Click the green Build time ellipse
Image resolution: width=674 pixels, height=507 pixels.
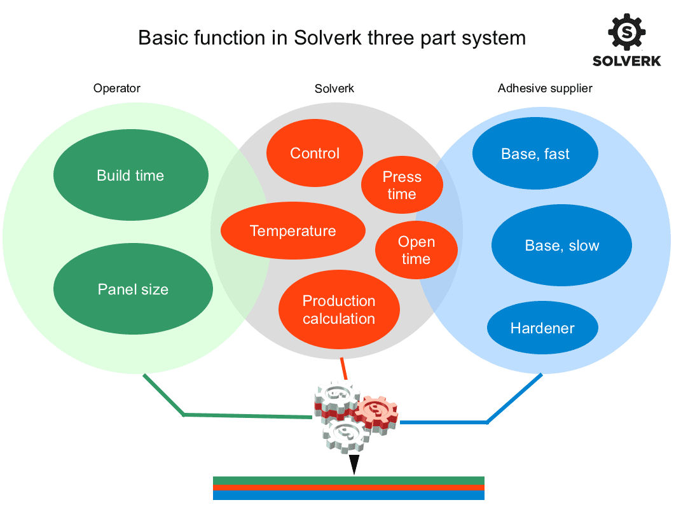click(x=130, y=176)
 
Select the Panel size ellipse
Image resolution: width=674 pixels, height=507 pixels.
click(x=133, y=289)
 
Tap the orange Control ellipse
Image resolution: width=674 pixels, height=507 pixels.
click(x=315, y=153)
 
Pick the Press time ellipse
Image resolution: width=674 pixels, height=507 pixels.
click(x=402, y=185)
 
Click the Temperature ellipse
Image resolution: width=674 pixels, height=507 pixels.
click(x=292, y=231)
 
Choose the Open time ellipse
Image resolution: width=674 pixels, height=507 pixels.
click(x=416, y=251)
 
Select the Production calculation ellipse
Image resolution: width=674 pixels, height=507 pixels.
click(x=339, y=309)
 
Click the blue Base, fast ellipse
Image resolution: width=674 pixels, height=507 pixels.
click(x=535, y=154)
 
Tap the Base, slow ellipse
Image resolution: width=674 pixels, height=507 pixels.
click(x=562, y=246)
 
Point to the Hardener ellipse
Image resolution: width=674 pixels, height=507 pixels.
click(x=542, y=328)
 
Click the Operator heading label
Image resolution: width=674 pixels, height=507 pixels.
click(x=117, y=88)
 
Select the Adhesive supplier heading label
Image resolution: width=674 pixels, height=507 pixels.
click(x=545, y=88)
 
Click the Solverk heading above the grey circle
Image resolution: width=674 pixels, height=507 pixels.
click(x=334, y=88)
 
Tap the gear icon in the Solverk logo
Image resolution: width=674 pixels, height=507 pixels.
click(x=626, y=32)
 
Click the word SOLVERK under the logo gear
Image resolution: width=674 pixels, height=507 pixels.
click(x=626, y=61)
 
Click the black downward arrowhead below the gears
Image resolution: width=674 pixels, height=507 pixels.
click(x=354, y=464)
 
